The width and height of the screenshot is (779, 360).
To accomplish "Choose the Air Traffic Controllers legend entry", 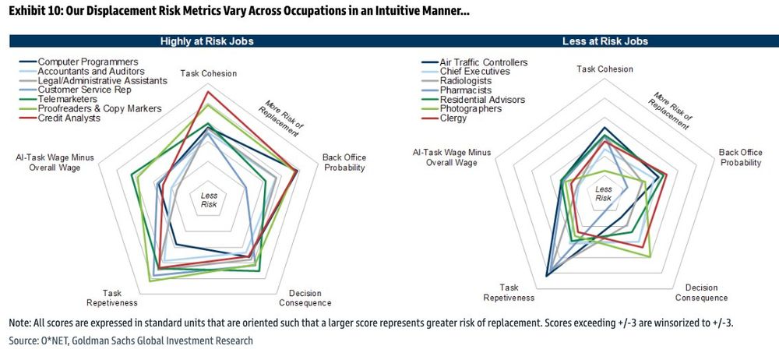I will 483,62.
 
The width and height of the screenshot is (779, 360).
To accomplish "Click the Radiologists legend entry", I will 467,81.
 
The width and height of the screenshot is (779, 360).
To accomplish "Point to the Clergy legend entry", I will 453,118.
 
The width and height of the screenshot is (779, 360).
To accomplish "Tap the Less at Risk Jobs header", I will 603,41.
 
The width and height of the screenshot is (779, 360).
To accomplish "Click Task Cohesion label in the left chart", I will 209,74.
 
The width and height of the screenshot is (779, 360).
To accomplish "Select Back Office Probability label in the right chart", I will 740,157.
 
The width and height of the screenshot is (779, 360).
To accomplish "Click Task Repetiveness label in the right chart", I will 509,292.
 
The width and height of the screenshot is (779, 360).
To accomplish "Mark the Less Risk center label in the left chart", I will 209,200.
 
